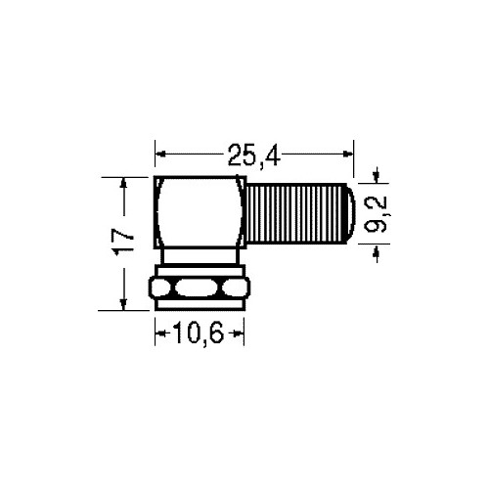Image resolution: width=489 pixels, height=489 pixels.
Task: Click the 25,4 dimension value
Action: (x=254, y=156)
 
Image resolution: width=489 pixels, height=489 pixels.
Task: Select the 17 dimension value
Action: (x=123, y=243)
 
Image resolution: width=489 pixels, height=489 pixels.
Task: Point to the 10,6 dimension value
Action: (x=199, y=333)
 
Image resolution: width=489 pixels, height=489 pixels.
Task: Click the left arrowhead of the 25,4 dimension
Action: (x=160, y=154)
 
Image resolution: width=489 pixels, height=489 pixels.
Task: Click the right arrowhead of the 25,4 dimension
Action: (x=348, y=154)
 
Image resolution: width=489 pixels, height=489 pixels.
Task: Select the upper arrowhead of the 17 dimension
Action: (x=123, y=183)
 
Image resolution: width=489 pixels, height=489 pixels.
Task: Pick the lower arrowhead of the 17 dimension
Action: (x=123, y=304)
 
